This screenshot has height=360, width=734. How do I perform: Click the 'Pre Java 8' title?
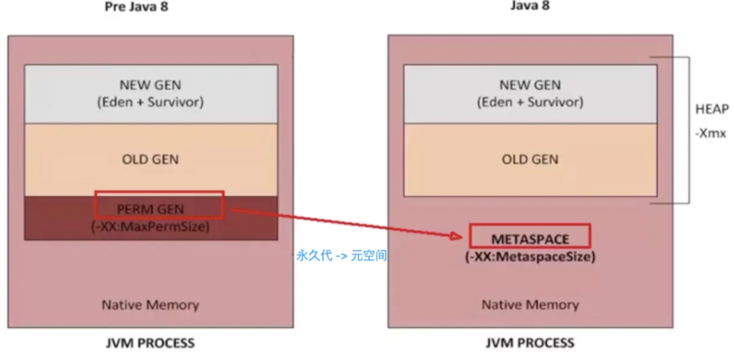[136, 7]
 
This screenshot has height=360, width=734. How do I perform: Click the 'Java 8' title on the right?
[529, 6]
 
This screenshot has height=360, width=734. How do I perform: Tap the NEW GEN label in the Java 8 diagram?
[529, 85]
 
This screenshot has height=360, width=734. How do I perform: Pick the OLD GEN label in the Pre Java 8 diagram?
[150, 159]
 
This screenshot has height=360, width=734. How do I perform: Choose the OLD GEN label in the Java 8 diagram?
[529, 159]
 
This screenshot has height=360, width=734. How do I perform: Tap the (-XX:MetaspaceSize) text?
[529, 256]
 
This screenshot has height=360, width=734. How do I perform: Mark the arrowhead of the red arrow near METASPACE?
[459, 236]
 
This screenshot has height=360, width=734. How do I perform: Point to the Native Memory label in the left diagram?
[150, 304]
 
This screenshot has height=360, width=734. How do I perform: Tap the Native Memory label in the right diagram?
[529, 304]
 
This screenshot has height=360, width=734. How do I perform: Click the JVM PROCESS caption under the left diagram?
[150, 343]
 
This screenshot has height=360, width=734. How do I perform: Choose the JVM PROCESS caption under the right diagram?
[529, 343]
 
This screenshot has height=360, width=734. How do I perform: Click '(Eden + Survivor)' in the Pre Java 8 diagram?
[150, 102]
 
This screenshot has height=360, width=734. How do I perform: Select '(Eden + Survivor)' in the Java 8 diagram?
[529, 102]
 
